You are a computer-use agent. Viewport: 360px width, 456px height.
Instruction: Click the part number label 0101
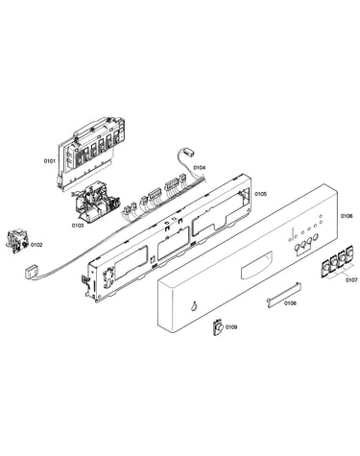(50, 160)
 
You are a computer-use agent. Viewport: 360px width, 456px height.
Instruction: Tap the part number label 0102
(36, 245)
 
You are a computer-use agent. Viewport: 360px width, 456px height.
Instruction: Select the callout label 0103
(78, 226)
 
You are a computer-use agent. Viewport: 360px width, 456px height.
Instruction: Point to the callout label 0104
(200, 167)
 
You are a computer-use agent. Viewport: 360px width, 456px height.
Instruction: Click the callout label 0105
(260, 194)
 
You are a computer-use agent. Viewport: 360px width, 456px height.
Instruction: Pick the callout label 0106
(347, 216)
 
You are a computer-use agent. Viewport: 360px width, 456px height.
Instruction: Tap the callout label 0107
(351, 279)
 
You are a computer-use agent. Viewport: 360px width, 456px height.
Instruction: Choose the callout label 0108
(290, 302)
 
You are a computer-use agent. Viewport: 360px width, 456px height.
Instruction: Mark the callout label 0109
(231, 327)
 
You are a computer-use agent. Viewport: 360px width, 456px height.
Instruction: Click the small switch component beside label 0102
(17, 242)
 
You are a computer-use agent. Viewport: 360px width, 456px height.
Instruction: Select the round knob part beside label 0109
(218, 327)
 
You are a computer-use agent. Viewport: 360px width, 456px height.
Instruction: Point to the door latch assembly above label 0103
(96, 202)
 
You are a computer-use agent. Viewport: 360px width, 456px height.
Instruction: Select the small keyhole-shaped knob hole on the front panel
(193, 306)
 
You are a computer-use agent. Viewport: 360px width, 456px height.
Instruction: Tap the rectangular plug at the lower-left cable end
(32, 273)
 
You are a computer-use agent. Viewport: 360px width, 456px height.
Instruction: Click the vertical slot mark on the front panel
(292, 233)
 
